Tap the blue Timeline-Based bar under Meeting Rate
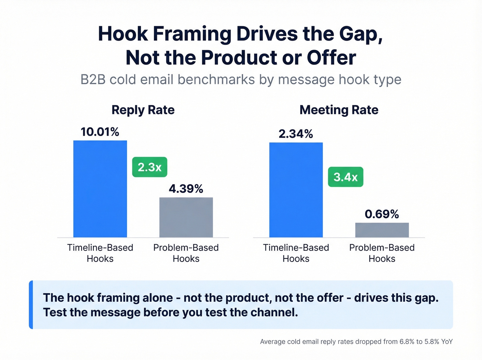[296, 190]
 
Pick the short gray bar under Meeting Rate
[382, 230]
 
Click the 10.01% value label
[100, 132]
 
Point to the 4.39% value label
[186, 189]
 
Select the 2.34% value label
[296, 134]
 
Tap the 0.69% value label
[382, 214]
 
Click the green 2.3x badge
[150, 167]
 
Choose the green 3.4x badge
[345, 177]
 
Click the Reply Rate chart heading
[143, 110]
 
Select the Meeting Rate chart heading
[339, 110]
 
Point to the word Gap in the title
[360, 34]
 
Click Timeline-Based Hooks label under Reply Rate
[100, 253]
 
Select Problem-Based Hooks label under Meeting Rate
[382, 253]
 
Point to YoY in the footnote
[447, 342]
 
